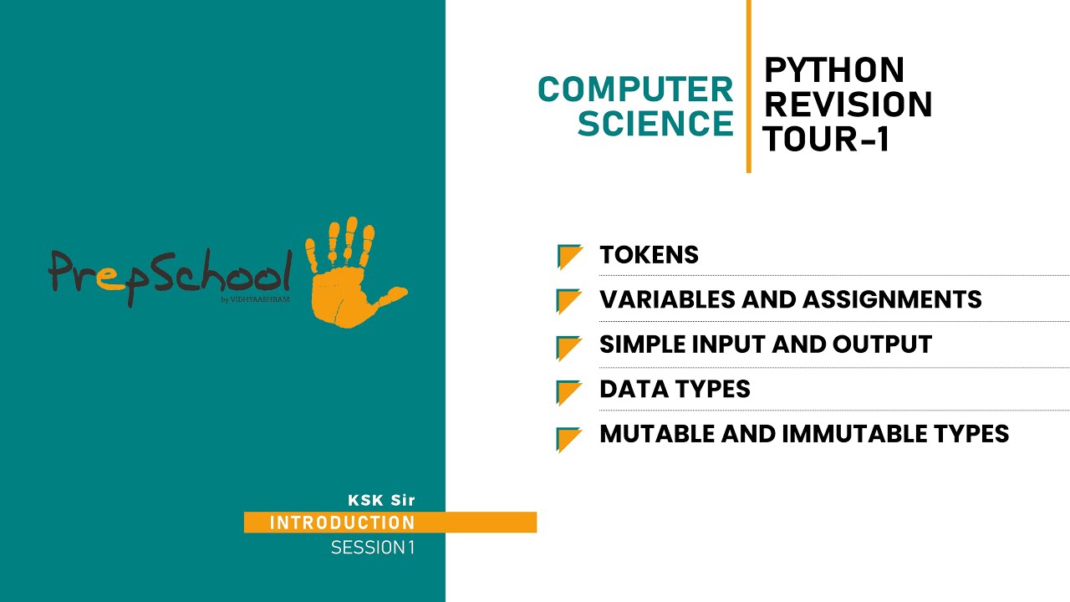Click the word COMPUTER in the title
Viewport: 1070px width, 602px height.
pyautogui.click(x=634, y=89)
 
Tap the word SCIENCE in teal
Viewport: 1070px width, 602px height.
pyautogui.click(x=655, y=124)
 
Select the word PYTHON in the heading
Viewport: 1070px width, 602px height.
pyautogui.click(x=834, y=71)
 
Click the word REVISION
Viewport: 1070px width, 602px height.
pyautogui.click(x=848, y=105)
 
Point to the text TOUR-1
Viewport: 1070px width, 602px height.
pyautogui.click(x=825, y=140)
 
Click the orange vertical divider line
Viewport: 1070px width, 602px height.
pyautogui.click(x=748, y=86)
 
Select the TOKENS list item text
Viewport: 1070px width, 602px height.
pyautogui.click(x=649, y=255)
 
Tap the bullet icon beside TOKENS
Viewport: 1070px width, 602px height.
pyautogui.click(x=569, y=257)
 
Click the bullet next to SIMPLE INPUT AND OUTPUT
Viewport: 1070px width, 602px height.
pyautogui.click(x=569, y=347)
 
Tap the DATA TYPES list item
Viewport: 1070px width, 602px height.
pyautogui.click(x=675, y=390)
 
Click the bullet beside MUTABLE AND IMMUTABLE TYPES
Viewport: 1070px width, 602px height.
pyautogui.click(x=569, y=438)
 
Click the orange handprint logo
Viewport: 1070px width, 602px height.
pyautogui.click(x=351, y=272)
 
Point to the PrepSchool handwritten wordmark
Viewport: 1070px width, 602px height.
pyautogui.click(x=171, y=273)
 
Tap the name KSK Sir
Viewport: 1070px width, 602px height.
pyautogui.click(x=381, y=501)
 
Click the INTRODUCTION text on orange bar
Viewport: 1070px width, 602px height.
pyautogui.click(x=342, y=523)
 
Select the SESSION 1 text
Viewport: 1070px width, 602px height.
pyautogui.click(x=372, y=548)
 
